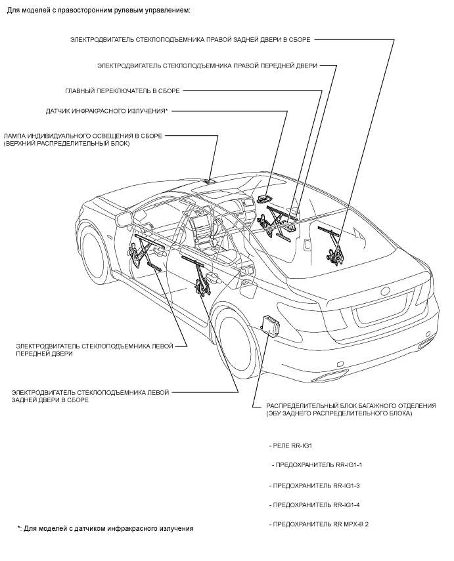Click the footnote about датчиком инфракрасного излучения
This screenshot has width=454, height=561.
coord(106,528)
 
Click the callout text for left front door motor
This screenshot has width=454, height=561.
coord(95,349)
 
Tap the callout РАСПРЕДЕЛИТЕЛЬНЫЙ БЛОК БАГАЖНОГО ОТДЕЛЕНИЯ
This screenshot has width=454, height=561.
coord(350,410)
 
